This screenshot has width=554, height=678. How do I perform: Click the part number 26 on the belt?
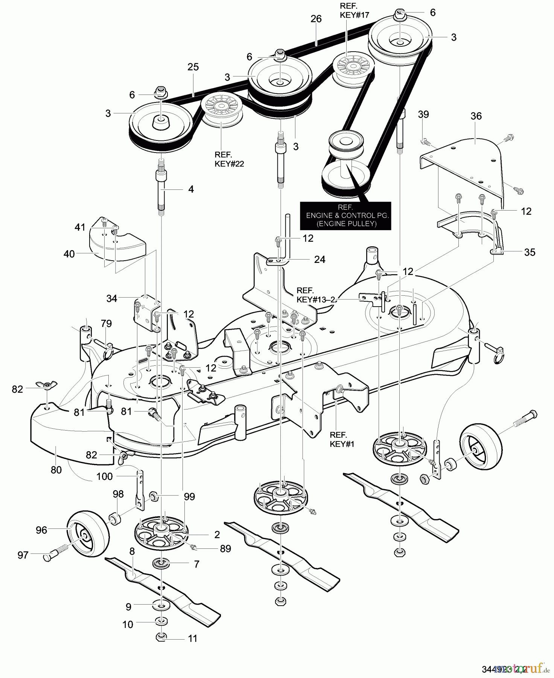pos(316,19)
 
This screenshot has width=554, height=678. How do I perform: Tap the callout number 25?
pos(193,67)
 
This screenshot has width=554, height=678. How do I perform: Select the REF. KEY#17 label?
pos(354,11)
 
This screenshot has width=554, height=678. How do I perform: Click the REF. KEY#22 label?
pos(229,159)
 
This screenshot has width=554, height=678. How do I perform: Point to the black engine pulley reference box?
pos(345,216)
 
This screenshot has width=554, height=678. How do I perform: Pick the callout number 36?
pos(476,116)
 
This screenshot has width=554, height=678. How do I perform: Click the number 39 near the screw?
pos(423,115)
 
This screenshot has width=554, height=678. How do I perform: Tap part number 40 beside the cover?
pos(69,254)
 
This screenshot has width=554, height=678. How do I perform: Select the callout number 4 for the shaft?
pos(191,189)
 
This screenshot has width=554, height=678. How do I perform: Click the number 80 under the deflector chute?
pos(56,470)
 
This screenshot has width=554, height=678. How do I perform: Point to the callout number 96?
pos(41,530)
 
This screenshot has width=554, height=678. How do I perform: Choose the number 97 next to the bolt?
pos(23,555)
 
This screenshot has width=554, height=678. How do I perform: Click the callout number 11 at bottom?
pos(192,638)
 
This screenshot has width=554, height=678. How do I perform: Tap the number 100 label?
pos(104,476)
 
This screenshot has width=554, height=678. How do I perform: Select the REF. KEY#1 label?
pos(342,439)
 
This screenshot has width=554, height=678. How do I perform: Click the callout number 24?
pos(320,260)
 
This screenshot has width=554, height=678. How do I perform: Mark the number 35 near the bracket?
pos(530,252)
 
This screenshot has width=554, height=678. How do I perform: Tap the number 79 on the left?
pos(106,324)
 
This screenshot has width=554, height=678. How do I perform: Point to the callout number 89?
pos(225,549)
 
